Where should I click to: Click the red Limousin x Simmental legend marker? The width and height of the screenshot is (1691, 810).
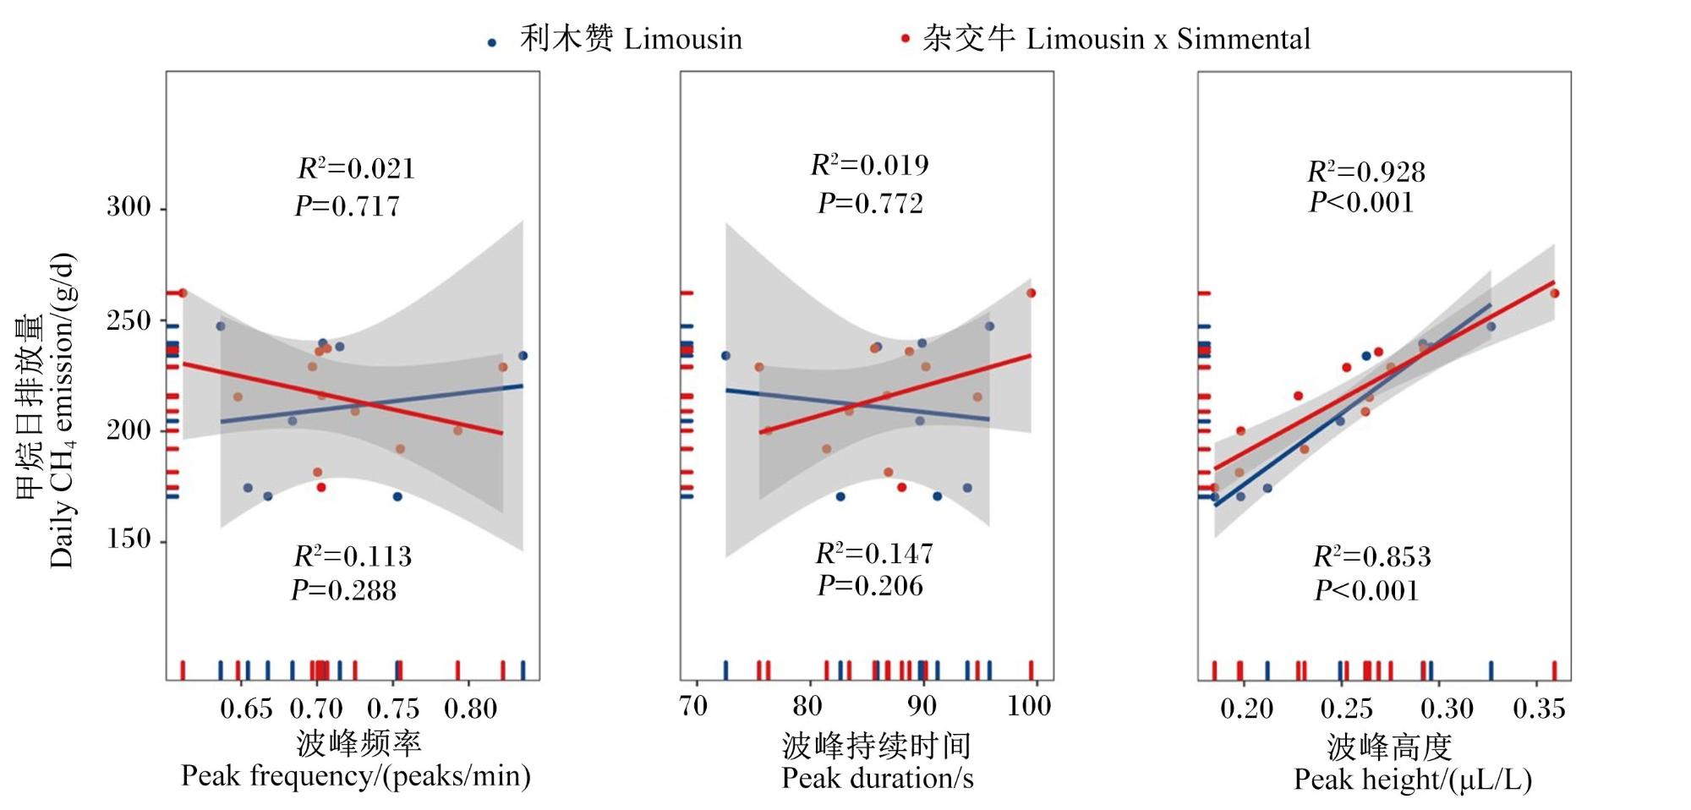click(x=906, y=39)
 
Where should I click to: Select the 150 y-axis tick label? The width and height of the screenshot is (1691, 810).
click(x=129, y=539)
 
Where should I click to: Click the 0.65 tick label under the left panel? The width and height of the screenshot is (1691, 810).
click(x=246, y=708)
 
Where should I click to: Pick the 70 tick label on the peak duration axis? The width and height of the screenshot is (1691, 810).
click(x=693, y=706)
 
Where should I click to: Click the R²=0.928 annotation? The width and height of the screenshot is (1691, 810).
click(x=1366, y=172)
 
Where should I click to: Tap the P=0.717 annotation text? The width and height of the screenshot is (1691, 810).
click(x=347, y=206)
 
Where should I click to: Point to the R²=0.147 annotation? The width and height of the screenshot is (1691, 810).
click(x=874, y=553)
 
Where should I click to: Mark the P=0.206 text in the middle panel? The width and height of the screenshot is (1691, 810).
click(x=870, y=586)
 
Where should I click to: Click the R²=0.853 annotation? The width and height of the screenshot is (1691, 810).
click(x=1372, y=556)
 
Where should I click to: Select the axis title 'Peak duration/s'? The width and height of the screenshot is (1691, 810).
click(x=878, y=778)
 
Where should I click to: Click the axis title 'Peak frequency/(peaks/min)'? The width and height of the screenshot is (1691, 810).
click(x=356, y=776)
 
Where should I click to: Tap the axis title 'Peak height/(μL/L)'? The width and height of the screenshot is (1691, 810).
click(x=1413, y=780)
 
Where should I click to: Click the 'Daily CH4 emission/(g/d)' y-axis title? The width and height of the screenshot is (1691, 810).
click(x=61, y=411)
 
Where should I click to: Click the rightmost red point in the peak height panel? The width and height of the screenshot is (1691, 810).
click(x=1554, y=293)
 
